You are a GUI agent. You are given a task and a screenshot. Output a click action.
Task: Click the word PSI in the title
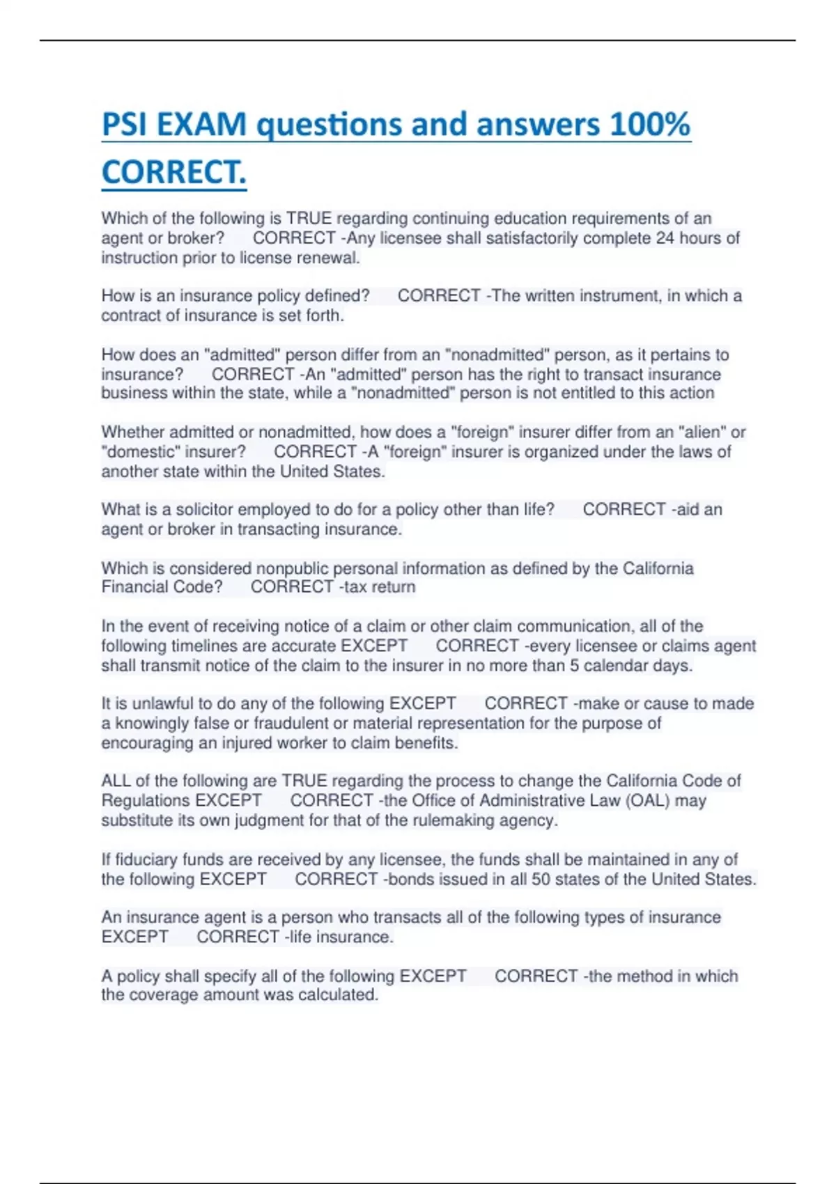(x=125, y=125)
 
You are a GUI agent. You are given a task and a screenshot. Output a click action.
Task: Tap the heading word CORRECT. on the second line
(x=173, y=172)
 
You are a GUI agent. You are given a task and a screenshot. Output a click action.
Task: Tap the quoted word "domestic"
(x=140, y=452)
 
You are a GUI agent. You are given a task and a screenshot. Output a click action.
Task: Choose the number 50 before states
(x=541, y=879)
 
